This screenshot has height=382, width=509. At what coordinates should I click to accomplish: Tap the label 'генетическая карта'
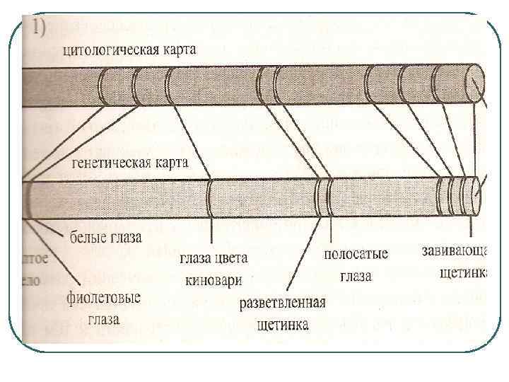(x=130, y=163)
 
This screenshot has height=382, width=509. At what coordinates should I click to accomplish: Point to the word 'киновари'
(x=213, y=280)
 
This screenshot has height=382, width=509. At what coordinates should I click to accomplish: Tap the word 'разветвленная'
(x=282, y=303)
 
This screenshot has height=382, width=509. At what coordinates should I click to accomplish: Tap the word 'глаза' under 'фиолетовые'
(x=104, y=319)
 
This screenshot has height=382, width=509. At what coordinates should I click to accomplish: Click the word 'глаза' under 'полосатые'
(x=355, y=276)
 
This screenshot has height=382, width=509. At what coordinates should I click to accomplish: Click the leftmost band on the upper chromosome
(x=103, y=86)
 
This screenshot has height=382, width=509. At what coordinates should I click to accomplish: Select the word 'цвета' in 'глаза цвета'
(x=236, y=257)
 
